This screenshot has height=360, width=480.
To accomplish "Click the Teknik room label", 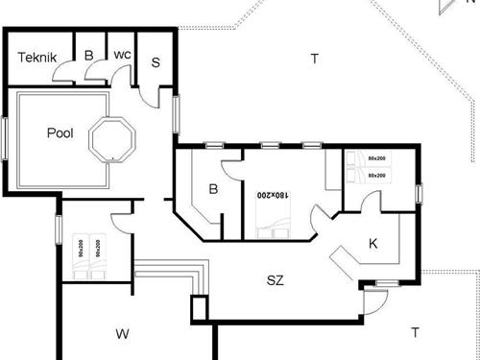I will pos(37,59).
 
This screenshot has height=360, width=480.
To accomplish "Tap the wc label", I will pos(122,55).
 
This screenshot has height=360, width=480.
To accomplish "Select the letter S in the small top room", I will pos(156,61).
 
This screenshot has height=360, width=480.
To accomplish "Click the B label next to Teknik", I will pos(88,56).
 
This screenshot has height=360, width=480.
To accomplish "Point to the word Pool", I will pos(60,134).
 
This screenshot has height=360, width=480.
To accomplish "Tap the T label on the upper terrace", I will pos(314,60).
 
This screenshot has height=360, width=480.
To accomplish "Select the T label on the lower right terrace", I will pos(415,333).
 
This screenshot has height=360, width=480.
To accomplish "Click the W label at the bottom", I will pos(122,334).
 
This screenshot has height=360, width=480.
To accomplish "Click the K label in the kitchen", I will pos(373,243).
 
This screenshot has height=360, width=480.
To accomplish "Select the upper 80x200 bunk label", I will pos(376,157).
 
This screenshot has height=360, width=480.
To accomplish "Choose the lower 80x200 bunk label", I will pos(376,175).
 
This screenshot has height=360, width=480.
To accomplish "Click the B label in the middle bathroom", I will pos(214,189).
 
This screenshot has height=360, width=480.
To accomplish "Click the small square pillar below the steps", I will pos(200,309).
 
